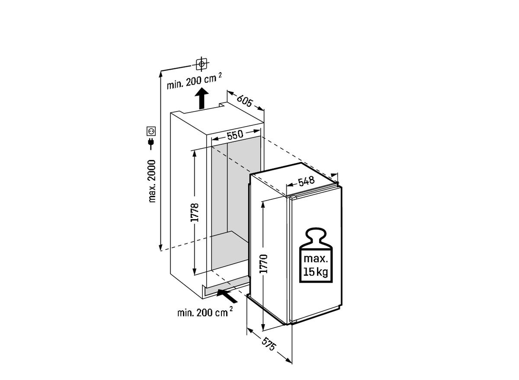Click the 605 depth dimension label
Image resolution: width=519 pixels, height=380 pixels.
click(244, 100)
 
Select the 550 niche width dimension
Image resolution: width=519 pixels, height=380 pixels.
click(235, 135)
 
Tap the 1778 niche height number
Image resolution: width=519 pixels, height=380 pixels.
click(195, 212)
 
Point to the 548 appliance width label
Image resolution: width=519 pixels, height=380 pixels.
click(306, 181)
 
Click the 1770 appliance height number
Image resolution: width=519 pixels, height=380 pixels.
click(263, 264)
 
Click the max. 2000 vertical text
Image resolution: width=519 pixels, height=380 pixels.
click(152, 181)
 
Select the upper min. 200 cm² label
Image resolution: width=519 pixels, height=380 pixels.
click(194, 81)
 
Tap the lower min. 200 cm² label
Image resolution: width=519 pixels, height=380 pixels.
click(205, 312)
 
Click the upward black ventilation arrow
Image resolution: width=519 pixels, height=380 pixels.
click(202, 98)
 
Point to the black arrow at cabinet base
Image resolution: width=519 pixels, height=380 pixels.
click(227, 297)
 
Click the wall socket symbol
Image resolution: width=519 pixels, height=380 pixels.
click(151, 131)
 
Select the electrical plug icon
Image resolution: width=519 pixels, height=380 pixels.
click(151, 144)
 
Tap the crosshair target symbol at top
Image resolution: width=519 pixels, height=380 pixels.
click(202, 64)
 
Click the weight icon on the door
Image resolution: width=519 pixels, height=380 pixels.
click(316, 255)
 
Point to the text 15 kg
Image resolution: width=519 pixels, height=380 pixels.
click(316, 272)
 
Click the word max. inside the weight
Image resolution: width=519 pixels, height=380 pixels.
click(316, 259)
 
